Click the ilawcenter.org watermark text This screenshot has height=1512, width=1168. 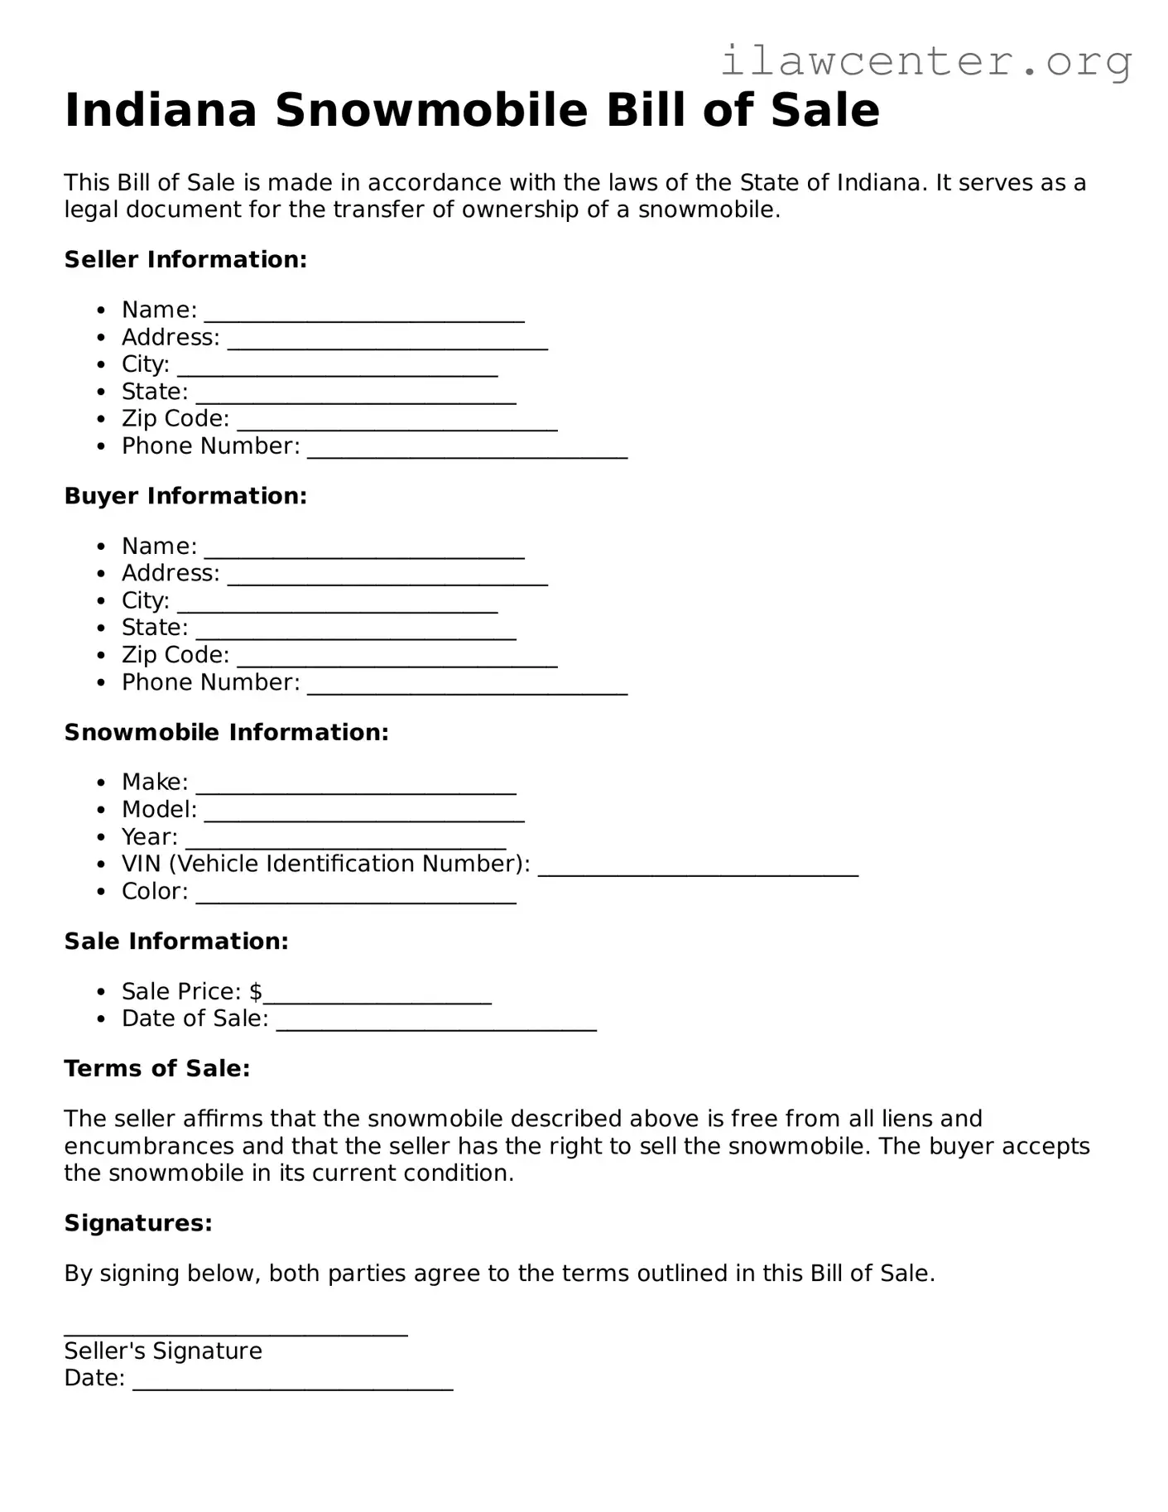click(x=925, y=60)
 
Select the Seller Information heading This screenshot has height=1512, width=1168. click(x=185, y=259)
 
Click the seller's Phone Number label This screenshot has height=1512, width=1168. click(x=210, y=446)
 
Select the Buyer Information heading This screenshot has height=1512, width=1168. click(x=185, y=496)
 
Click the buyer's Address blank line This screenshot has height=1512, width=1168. click(x=387, y=580)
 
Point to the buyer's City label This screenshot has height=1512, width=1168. click(x=146, y=600)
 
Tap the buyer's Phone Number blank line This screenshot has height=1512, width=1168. click(x=467, y=690)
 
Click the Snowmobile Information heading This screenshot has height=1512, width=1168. click(x=226, y=732)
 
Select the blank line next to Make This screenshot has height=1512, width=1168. click(x=356, y=789)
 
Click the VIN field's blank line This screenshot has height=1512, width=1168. click(x=698, y=871)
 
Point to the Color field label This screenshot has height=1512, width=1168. click(x=155, y=892)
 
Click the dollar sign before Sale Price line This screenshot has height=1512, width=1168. click(x=256, y=991)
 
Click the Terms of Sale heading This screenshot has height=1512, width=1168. click(x=157, y=1068)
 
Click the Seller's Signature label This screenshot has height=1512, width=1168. click(x=163, y=1351)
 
